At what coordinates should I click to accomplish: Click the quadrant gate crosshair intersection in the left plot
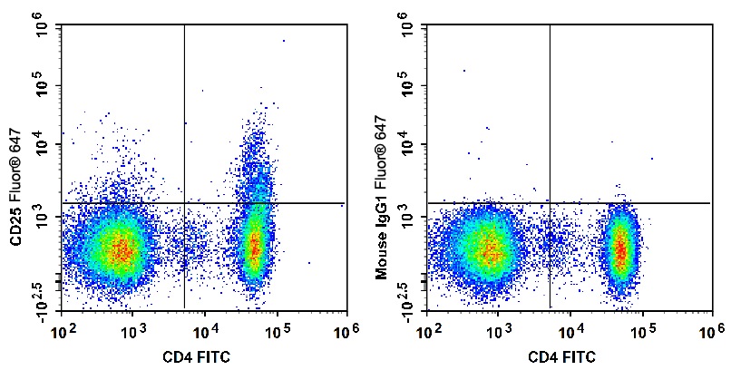coord(184,202)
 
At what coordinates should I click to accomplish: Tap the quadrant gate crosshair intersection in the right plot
coord(550,202)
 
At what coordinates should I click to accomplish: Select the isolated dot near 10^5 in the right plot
coord(464,70)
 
